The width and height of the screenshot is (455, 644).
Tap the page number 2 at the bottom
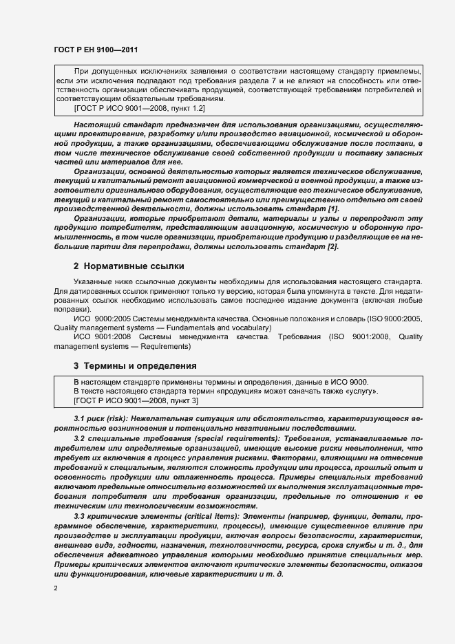coord(56,588)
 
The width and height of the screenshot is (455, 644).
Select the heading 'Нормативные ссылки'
coord(129,266)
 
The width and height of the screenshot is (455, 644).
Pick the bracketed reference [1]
coord(334,208)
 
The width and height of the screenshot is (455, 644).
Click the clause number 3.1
coord(80,418)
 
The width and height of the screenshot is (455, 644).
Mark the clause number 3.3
coord(80,516)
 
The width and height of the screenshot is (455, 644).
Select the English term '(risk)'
coord(119,418)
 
